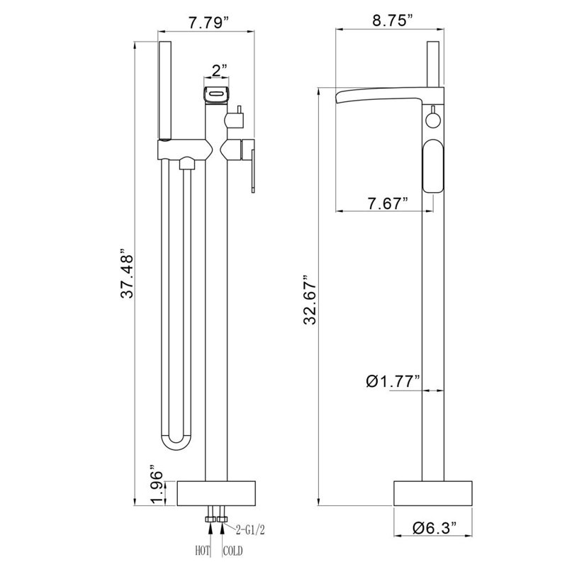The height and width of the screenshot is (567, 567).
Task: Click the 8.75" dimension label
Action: coord(393,21)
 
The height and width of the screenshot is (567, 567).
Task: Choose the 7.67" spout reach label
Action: coord(388,203)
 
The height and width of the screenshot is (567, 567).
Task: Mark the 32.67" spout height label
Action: coord(310,300)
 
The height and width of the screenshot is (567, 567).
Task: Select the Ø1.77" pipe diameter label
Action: coord(393,381)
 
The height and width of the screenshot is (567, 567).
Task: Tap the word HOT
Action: coord(203,551)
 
